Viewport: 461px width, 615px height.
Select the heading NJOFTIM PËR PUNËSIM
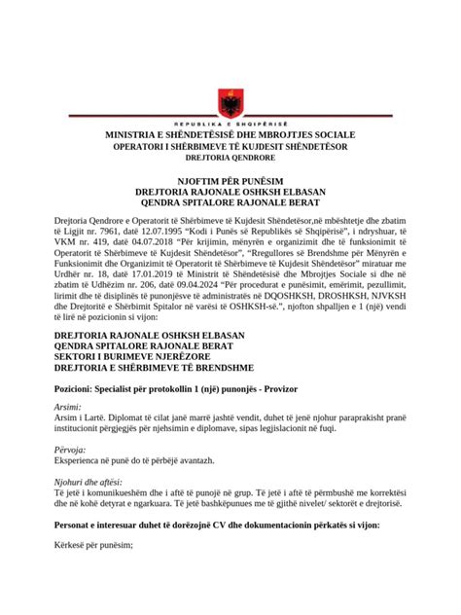(230, 180)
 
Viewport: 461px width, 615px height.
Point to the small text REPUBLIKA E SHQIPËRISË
(230, 125)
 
